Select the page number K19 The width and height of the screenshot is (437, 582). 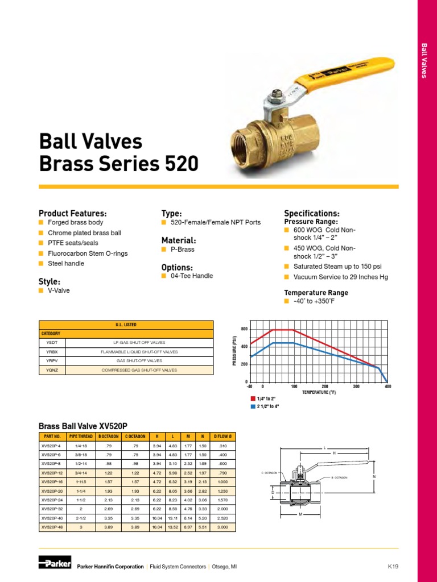click(x=393, y=566)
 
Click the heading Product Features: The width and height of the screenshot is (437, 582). click(x=72, y=213)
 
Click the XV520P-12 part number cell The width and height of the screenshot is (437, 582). click(x=52, y=472)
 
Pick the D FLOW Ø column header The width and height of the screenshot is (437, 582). click(x=222, y=436)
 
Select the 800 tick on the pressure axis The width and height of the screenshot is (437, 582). click(x=244, y=330)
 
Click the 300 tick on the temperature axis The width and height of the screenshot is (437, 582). click(x=357, y=386)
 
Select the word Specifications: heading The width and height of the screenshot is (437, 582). click(x=311, y=213)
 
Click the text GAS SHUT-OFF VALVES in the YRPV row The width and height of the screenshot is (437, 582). click(x=139, y=361)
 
